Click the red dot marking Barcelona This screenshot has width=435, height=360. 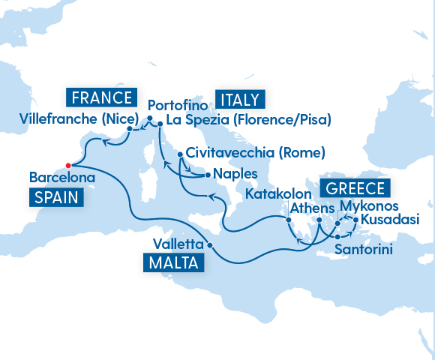pos(67,165)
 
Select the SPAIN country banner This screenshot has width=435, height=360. pos(57,197)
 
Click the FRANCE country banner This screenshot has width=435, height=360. pos(101,97)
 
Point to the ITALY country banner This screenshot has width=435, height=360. pos(240,99)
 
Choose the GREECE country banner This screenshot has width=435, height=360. pos(355,188)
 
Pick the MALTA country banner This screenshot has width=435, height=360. pos(172,263)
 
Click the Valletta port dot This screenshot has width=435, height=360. pos(210,245)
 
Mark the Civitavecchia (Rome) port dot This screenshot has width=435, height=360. pos(181,154)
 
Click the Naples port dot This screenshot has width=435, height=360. pos(206,175)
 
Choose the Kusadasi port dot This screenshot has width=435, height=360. pos(354,220)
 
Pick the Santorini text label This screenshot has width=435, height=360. pos(364,248)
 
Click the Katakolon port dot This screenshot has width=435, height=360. pos(289,220)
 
